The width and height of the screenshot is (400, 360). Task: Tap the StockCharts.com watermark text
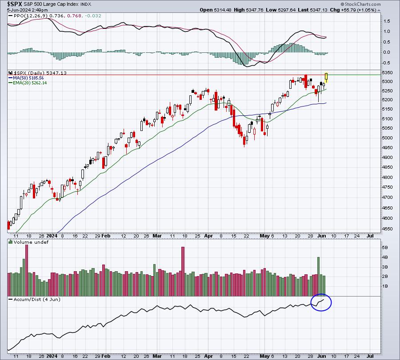click(360, 4)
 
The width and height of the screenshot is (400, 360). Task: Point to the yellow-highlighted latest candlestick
click(326, 78)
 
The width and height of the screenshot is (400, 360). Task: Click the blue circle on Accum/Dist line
click(321, 302)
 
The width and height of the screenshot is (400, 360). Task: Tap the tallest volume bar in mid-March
click(183, 271)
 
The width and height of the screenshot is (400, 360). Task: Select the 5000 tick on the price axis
click(387, 138)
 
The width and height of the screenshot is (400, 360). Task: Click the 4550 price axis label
click(387, 229)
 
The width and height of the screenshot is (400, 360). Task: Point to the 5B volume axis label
click(385, 247)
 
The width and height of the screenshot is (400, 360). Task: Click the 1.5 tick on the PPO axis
click(387, 21)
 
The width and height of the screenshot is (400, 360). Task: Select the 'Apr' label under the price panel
click(208, 236)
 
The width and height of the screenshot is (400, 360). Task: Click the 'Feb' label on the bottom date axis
click(106, 356)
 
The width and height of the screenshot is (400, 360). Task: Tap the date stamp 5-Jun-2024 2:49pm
click(27, 10)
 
